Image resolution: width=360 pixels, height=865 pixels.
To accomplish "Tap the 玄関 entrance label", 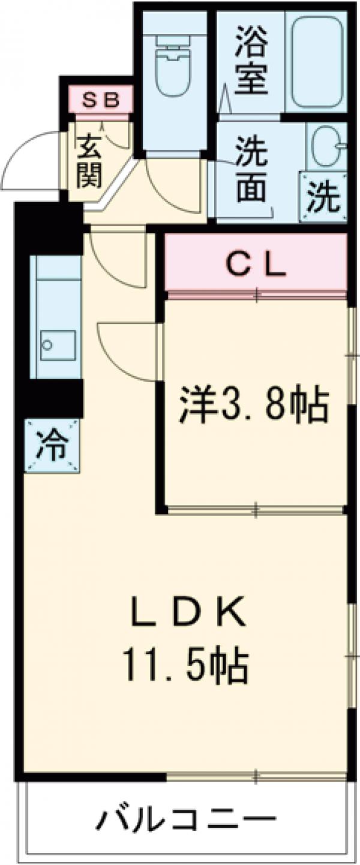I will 89,161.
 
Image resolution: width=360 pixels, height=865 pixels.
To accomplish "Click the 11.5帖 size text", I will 187,666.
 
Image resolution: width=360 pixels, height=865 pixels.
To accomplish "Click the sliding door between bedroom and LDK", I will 255,510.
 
